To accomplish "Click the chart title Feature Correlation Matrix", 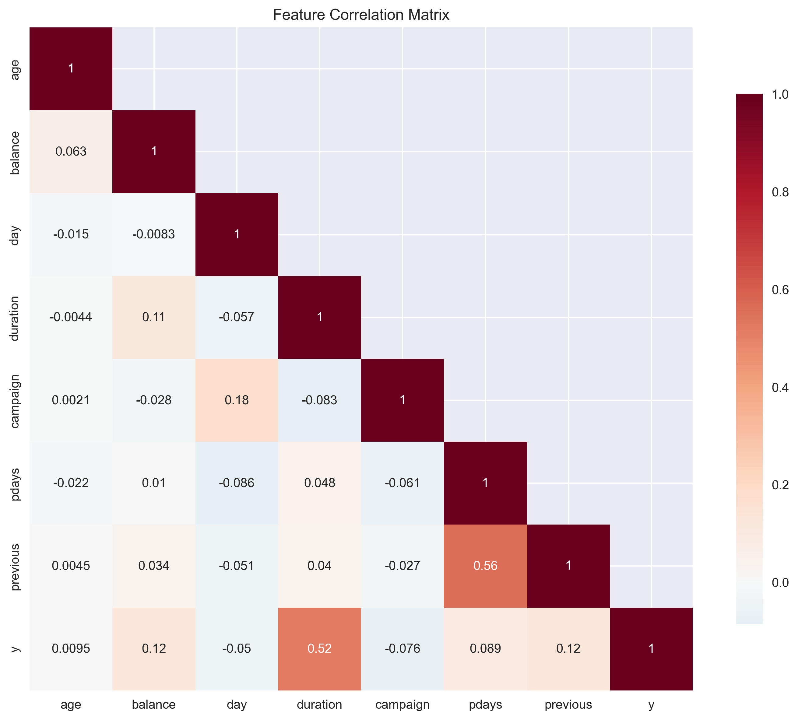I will (360, 15).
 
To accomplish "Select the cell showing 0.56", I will (485, 566).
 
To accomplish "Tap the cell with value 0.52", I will (319, 648).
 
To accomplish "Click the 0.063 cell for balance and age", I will (71, 152).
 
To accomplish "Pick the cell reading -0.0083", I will (153, 234).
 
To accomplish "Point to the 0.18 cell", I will (237, 400).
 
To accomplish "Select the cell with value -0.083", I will (319, 400).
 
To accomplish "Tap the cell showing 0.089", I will (485, 648).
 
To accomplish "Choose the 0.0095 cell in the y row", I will (71, 648).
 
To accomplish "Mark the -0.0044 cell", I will (71, 317).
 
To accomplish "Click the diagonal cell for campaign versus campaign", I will (403, 400).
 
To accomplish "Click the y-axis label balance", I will (15, 153).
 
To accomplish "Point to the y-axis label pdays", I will (15, 483).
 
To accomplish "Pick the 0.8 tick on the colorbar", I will (780, 192).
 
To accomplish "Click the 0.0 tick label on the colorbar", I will (780, 583).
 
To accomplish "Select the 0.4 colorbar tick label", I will (780, 387).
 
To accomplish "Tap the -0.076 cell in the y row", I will (403, 648).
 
